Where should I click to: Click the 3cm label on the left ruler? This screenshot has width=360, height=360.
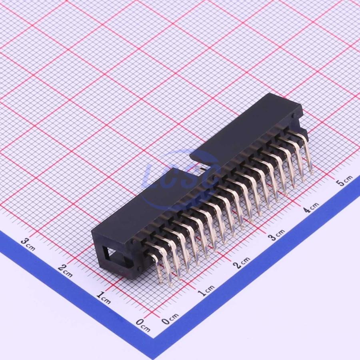[x=28, y=244]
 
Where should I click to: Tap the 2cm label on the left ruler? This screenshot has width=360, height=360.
[x=65, y=270]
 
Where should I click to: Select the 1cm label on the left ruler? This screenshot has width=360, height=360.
[x=104, y=298]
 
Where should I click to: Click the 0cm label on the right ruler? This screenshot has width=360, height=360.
[x=170, y=318]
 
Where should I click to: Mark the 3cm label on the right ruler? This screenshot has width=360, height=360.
[x=277, y=235]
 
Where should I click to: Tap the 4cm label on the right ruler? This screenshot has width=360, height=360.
[x=311, y=208]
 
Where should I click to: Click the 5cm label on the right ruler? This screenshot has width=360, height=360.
[x=344, y=181]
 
